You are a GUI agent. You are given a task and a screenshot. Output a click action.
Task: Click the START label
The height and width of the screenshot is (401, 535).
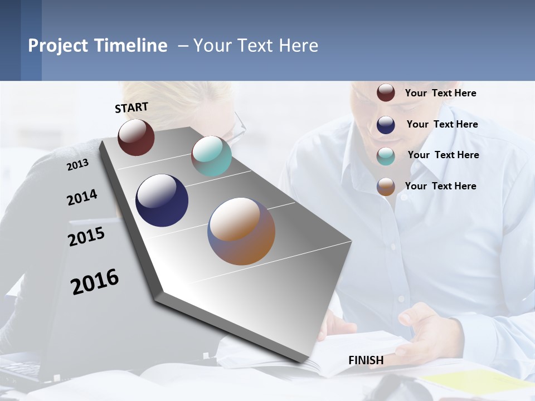(132, 107)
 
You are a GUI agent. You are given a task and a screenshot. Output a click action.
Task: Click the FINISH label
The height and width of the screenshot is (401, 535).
(366, 360)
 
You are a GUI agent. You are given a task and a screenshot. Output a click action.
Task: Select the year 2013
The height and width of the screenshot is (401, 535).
(77, 165)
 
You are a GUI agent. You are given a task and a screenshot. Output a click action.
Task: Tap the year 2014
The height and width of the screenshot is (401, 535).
(82, 197)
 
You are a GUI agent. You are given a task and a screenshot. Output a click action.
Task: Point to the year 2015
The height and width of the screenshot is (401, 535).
(86, 236)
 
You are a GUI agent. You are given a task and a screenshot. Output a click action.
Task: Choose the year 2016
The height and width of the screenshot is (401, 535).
(95, 282)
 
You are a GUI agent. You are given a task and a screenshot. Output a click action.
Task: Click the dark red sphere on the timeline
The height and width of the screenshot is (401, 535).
(136, 138)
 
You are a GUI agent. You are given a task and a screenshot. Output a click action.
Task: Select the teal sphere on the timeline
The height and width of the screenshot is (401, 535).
(211, 156)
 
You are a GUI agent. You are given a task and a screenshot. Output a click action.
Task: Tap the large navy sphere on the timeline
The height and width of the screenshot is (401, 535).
(162, 200)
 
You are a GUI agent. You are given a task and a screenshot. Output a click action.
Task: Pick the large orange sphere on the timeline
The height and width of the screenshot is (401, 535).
(241, 231)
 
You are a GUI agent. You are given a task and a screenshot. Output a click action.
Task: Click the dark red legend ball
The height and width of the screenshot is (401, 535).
(386, 92)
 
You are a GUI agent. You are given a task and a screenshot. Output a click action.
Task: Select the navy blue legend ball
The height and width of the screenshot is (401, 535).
(386, 125)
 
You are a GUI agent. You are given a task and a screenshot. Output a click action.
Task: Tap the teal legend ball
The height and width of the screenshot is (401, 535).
(386, 156)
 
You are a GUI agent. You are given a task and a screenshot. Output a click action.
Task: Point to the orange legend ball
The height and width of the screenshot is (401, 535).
(386, 187)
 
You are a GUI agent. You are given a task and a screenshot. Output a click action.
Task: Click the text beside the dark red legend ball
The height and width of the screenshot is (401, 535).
(440, 93)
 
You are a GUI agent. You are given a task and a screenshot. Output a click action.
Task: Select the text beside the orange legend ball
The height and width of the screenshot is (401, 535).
(440, 186)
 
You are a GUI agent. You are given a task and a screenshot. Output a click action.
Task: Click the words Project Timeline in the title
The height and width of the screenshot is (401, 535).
(98, 46)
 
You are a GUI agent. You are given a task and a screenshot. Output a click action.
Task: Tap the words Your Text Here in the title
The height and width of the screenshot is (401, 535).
(255, 46)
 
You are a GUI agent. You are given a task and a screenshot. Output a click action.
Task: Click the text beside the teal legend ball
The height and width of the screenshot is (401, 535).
(443, 155)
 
